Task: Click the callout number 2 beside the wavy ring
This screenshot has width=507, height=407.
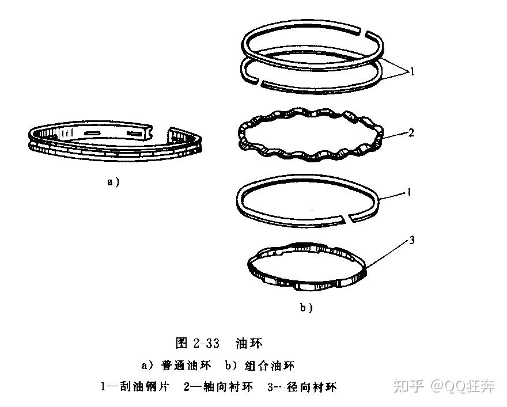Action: pos(411,133)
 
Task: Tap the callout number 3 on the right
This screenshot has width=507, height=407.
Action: pos(411,240)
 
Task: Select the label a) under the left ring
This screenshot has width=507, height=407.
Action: pos(113,181)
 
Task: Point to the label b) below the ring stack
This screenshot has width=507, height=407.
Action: pos(306,307)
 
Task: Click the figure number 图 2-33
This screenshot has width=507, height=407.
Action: pos(198,344)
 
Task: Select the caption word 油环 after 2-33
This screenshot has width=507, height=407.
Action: pos(249,344)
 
